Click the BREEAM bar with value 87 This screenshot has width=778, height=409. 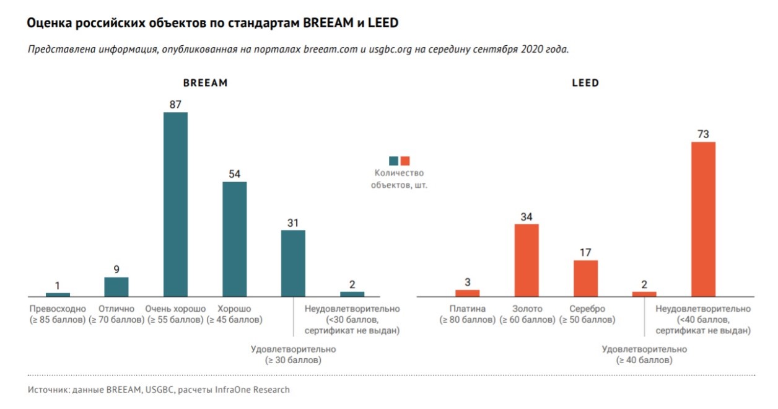tap(175, 204)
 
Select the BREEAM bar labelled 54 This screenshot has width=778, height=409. tap(234, 239)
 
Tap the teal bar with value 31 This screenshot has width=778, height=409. tap(293, 263)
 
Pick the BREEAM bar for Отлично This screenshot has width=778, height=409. tap(116, 286)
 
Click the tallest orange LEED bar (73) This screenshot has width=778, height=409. tap(703, 219)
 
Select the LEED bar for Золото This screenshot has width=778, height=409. tap(527, 260)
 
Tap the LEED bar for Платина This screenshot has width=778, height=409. tap(468, 292)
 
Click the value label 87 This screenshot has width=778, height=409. tap(175, 105)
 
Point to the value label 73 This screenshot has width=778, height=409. tap(703, 134)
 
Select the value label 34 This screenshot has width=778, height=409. tap(527, 217)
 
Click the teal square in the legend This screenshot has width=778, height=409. tap(394, 161)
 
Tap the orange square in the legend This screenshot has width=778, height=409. tap(405, 161)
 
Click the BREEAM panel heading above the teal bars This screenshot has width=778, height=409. tap(205, 83)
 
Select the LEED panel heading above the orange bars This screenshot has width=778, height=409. tap(585, 83)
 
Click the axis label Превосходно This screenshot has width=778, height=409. tap(58, 309)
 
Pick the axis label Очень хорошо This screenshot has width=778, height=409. tap(175, 309)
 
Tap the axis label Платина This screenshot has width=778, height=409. tap(468, 309)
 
